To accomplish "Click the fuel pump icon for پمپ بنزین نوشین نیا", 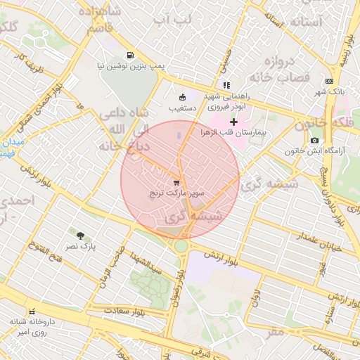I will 130,55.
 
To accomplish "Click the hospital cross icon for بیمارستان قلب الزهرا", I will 233,122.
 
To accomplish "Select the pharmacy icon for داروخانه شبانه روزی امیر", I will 31,311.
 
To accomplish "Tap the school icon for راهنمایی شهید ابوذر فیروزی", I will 226,85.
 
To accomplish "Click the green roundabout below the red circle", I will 181,245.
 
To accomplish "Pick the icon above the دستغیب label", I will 183,97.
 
